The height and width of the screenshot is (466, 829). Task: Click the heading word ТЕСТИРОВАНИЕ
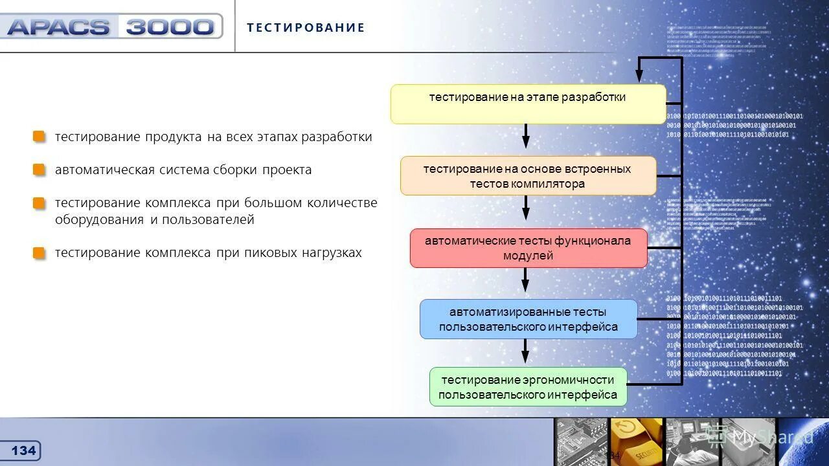(x=306, y=28)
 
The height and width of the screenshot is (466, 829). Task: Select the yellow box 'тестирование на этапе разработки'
(x=528, y=104)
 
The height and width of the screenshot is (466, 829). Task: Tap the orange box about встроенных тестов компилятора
(x=528, y=175)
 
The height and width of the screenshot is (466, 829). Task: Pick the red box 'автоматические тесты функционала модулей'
(x=528, y=248)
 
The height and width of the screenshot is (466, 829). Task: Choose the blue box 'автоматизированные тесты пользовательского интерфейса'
(x=528, y=319)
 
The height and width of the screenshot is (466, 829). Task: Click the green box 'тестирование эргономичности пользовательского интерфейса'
(x=528, y=387)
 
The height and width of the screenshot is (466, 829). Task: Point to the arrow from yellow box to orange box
(x=526, y=136)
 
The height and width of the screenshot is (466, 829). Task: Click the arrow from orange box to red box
(x=526, y=208)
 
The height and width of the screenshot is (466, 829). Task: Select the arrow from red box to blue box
(x=525, y=280)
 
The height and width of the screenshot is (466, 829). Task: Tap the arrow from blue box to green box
(x=525, y=350)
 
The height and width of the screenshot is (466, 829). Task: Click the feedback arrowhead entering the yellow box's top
(x=639, y=75)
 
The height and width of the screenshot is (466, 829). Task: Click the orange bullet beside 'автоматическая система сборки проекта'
(x=40, y=170)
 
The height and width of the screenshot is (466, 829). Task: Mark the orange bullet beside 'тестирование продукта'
(x=40, y=137)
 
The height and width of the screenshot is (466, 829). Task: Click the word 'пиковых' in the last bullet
(x=270, y=253)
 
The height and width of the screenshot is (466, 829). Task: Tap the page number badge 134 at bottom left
(x=24, y=450)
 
